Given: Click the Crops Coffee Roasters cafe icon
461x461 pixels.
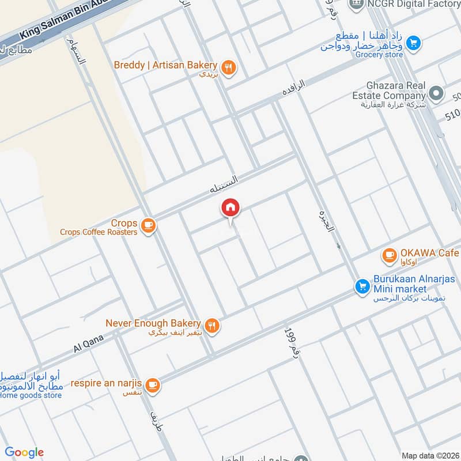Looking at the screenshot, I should [148, 225].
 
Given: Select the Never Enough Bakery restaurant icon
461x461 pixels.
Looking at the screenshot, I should [213, 326].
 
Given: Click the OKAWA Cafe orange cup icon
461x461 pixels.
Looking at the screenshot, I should [390, 254].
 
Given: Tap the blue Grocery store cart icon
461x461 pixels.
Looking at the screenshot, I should [413, 43].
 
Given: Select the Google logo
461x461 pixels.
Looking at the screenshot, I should [25, 452].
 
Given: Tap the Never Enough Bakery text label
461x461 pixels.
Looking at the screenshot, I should [153, 324].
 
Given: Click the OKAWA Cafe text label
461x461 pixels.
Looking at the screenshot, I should [429, 254].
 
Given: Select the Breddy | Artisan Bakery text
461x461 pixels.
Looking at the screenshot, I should [165, 65].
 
